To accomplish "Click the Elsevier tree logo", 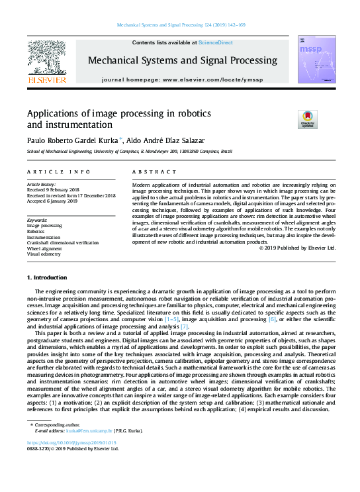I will [46, 58].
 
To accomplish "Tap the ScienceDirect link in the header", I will [216, 42].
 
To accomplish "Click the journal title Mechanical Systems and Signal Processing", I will [183, 60].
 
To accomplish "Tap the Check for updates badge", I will [308, 119].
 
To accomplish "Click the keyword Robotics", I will [36, 231].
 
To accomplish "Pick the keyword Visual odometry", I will [44, 254].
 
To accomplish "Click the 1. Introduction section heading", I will [46, 277].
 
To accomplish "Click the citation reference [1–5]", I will [171, 320].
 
